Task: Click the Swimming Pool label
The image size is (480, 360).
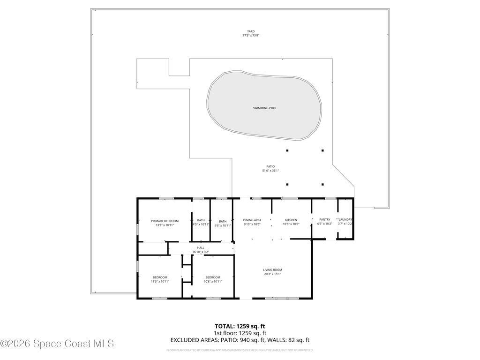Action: pos(264,108)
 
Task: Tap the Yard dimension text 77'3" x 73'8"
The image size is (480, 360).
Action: pos(251,36)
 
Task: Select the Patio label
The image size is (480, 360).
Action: pos(270,166)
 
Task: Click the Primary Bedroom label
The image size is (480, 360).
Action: pos(165,221)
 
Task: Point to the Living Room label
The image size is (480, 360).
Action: pos(272,270)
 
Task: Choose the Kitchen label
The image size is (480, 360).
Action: pos(291,220)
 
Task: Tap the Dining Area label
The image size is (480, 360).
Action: pos(252,220)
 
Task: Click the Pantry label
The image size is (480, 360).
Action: pos(324,220)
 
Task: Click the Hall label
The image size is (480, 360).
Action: pos(201,247)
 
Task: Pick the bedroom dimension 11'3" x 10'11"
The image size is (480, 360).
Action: pos(160,281)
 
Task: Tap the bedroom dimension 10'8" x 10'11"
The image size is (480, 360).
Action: pos(212,281)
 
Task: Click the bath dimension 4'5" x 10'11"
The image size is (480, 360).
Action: pos(201,225)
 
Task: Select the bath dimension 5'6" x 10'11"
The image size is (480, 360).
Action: pos(223,225)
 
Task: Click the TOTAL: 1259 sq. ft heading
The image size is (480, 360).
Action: pos(240,326)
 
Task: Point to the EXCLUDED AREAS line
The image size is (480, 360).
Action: pos(240,340)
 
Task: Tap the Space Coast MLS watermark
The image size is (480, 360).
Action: pos(57,344)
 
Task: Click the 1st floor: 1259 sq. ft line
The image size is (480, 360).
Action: pos(240,333)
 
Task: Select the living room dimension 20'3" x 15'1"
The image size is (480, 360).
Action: pos(272,274)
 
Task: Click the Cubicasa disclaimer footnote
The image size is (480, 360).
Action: pos(240,350)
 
